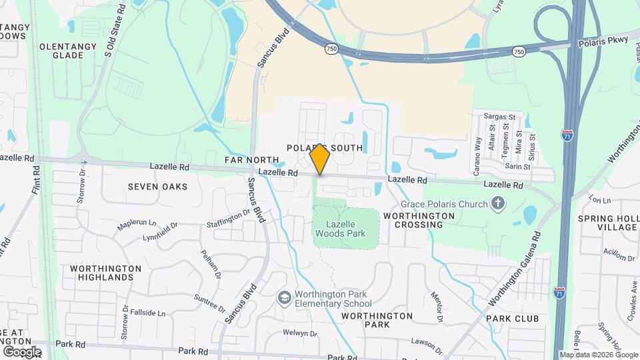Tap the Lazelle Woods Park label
[345, 229]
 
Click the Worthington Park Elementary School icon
[285, 298]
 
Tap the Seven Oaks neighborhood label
[158, 187]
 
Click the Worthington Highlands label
[105, 273]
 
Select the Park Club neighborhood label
[512, 319]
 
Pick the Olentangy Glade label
[71, 51]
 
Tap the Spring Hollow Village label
[608, 223]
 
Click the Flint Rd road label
[39, 180]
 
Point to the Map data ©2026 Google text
[599, 355]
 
